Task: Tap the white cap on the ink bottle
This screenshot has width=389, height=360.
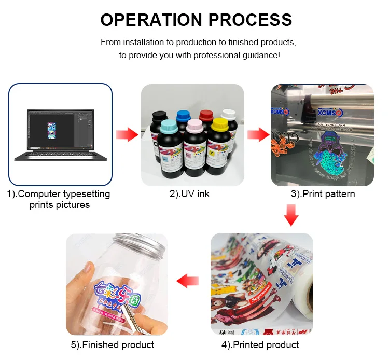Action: (x=229, y=113)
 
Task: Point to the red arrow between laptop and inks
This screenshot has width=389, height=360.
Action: (x=127, y=135)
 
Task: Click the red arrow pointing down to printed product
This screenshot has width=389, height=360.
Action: (x=292, y=215)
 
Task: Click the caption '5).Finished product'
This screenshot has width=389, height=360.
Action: (x=113, y=344)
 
